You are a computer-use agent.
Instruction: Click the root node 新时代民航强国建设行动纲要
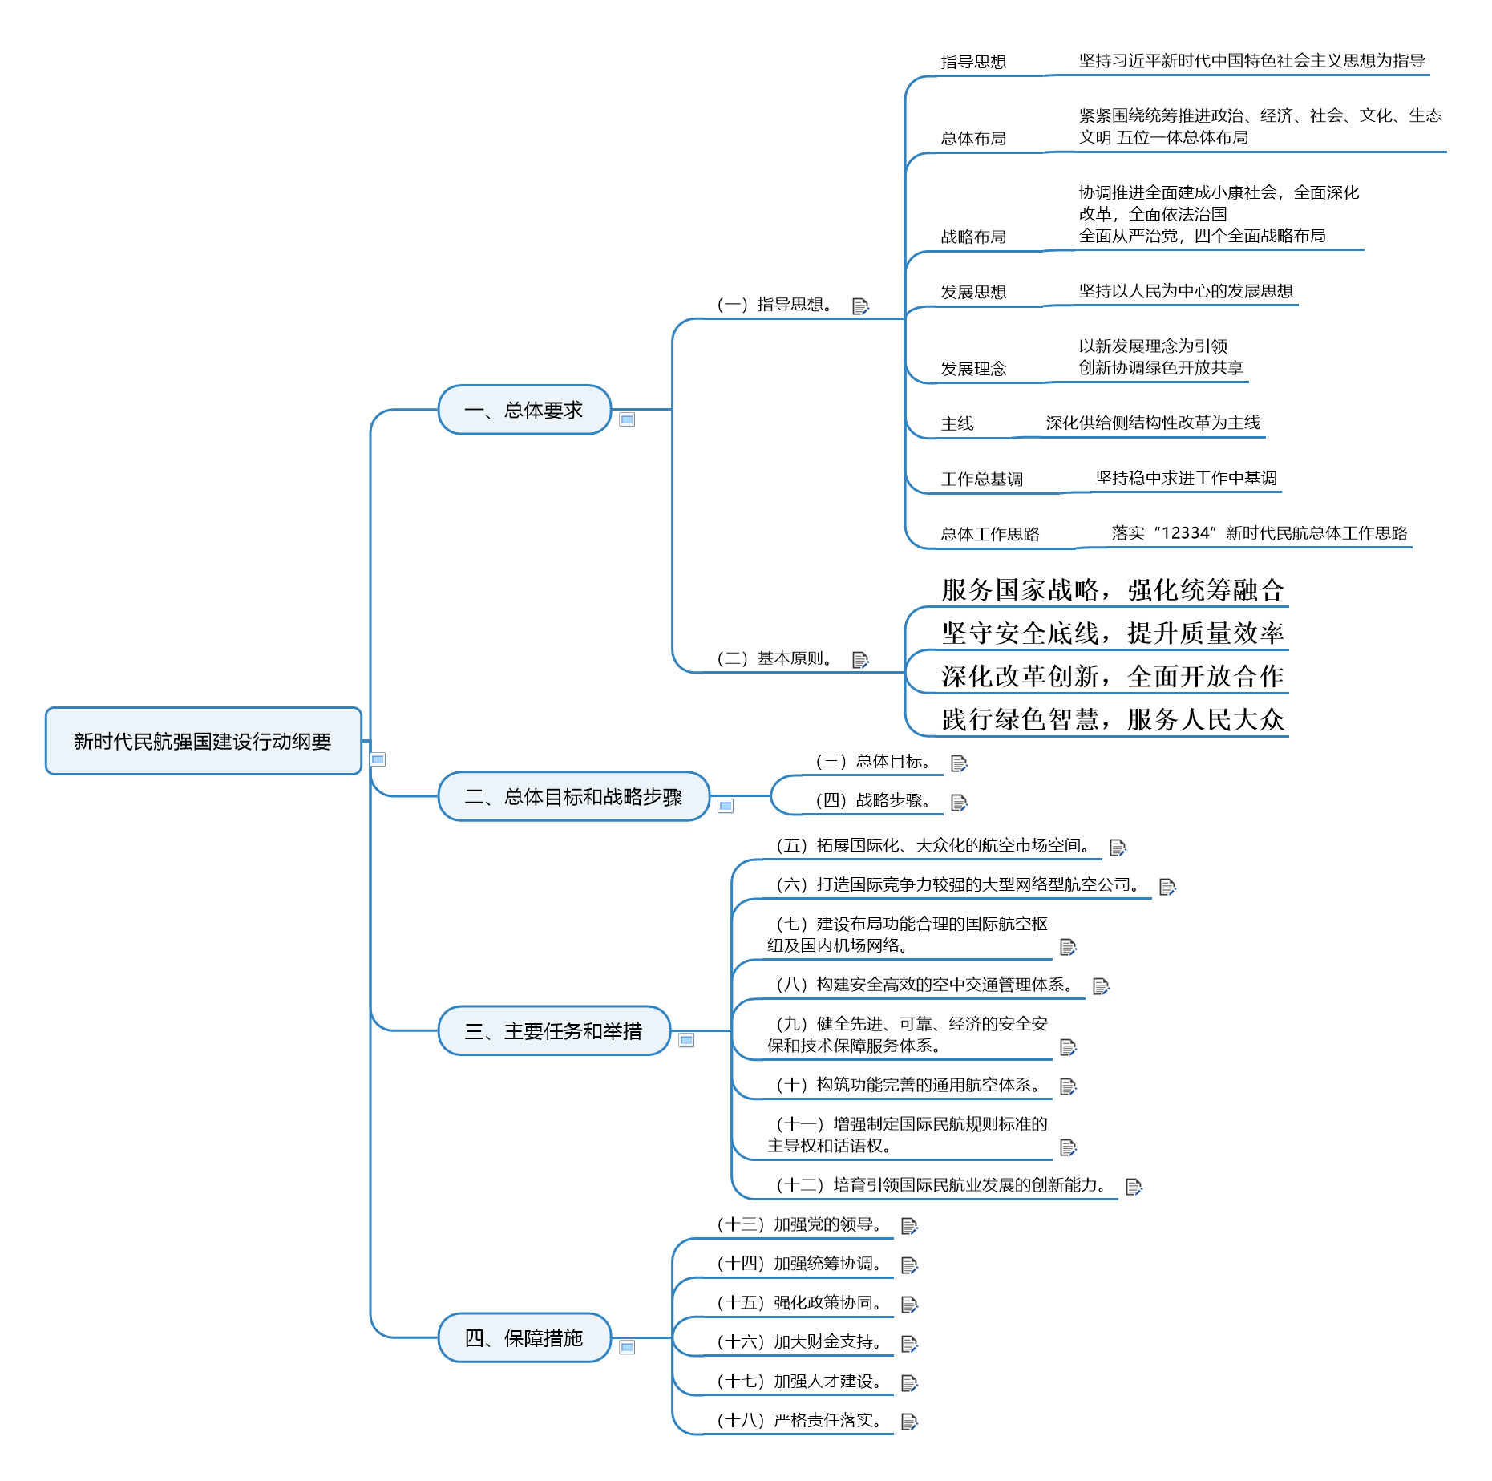(x=203, y=741)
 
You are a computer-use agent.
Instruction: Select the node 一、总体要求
(x=524, y=410)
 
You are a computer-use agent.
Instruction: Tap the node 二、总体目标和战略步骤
(x=573, y=796)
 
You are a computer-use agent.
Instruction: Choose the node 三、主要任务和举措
(x=554, y=1030)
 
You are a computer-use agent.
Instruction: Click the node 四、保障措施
(x=524, y=1337)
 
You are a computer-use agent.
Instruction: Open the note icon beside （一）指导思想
(x=860, y=306)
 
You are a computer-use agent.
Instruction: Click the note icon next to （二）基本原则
(x=860, y=660)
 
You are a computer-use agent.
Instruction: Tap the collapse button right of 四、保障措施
(x=627, y=1347)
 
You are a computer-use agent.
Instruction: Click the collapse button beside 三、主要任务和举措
(x=686, y=1040)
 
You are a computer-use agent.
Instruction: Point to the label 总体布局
(x=973, y=139)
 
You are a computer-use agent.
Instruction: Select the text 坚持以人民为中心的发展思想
(x=1186, y=291)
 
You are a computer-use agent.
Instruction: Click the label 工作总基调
(x=982, y=480)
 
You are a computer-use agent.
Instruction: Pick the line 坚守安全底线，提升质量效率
(x=1113, y=633)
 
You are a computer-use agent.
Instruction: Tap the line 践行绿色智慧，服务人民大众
(x=1113, y=720)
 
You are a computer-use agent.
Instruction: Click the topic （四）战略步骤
(x=872, y=800)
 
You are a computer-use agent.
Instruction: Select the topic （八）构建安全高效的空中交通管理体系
(x=924, y=985)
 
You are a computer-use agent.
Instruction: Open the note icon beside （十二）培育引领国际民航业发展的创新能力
(x=1134, y=1187)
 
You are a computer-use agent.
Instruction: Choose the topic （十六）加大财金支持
(x=799, y=1341)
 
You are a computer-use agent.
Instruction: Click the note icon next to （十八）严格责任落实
(x=909, y=1422)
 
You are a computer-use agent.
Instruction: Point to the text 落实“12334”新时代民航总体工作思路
(x=1259, y=533)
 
